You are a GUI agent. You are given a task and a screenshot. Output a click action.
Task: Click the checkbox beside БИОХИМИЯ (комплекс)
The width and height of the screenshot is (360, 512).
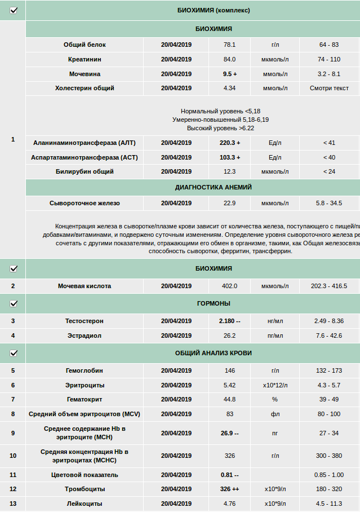[14, 10]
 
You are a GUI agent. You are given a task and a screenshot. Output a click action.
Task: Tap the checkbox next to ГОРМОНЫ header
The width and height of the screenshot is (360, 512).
[14, 303]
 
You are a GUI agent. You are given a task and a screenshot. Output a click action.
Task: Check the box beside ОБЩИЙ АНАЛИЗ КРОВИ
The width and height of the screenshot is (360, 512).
[14, 353]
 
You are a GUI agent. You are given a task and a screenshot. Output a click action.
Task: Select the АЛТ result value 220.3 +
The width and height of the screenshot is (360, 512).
[230, 143]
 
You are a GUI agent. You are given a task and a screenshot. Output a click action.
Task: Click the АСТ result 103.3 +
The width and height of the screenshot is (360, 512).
[230, 157]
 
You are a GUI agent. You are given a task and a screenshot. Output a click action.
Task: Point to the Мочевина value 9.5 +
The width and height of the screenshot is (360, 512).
[230, 74]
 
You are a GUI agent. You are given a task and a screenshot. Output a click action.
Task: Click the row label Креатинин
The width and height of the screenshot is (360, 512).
[85, 59]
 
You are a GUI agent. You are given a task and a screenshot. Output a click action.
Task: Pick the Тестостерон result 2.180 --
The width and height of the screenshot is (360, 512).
[230, 321]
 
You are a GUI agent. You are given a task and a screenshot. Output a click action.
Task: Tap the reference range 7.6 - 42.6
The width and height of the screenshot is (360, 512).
[329, 336]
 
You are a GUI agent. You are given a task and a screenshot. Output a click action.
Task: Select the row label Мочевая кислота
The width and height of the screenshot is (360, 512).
[85, 286]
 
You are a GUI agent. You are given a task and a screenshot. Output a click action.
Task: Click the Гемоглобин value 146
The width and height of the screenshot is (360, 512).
[230, 370]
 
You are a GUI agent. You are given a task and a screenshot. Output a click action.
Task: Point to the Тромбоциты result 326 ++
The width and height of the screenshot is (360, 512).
[230, 489]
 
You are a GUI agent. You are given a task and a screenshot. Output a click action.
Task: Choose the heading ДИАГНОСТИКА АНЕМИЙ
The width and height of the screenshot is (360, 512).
[214, 187]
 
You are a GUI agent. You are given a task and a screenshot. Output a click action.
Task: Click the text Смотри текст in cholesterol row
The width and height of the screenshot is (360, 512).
[329, 88]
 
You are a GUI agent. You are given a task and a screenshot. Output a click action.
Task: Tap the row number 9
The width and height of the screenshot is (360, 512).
[13, 433]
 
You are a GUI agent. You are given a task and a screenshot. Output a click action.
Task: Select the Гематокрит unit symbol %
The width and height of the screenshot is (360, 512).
[275, 399]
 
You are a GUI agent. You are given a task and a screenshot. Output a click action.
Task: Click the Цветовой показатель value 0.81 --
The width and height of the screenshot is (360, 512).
[230, 475]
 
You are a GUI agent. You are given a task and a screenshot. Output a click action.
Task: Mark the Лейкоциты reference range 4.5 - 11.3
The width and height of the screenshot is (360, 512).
[329, 504]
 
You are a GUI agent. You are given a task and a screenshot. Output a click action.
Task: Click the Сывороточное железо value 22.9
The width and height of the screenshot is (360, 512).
[230, 203]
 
